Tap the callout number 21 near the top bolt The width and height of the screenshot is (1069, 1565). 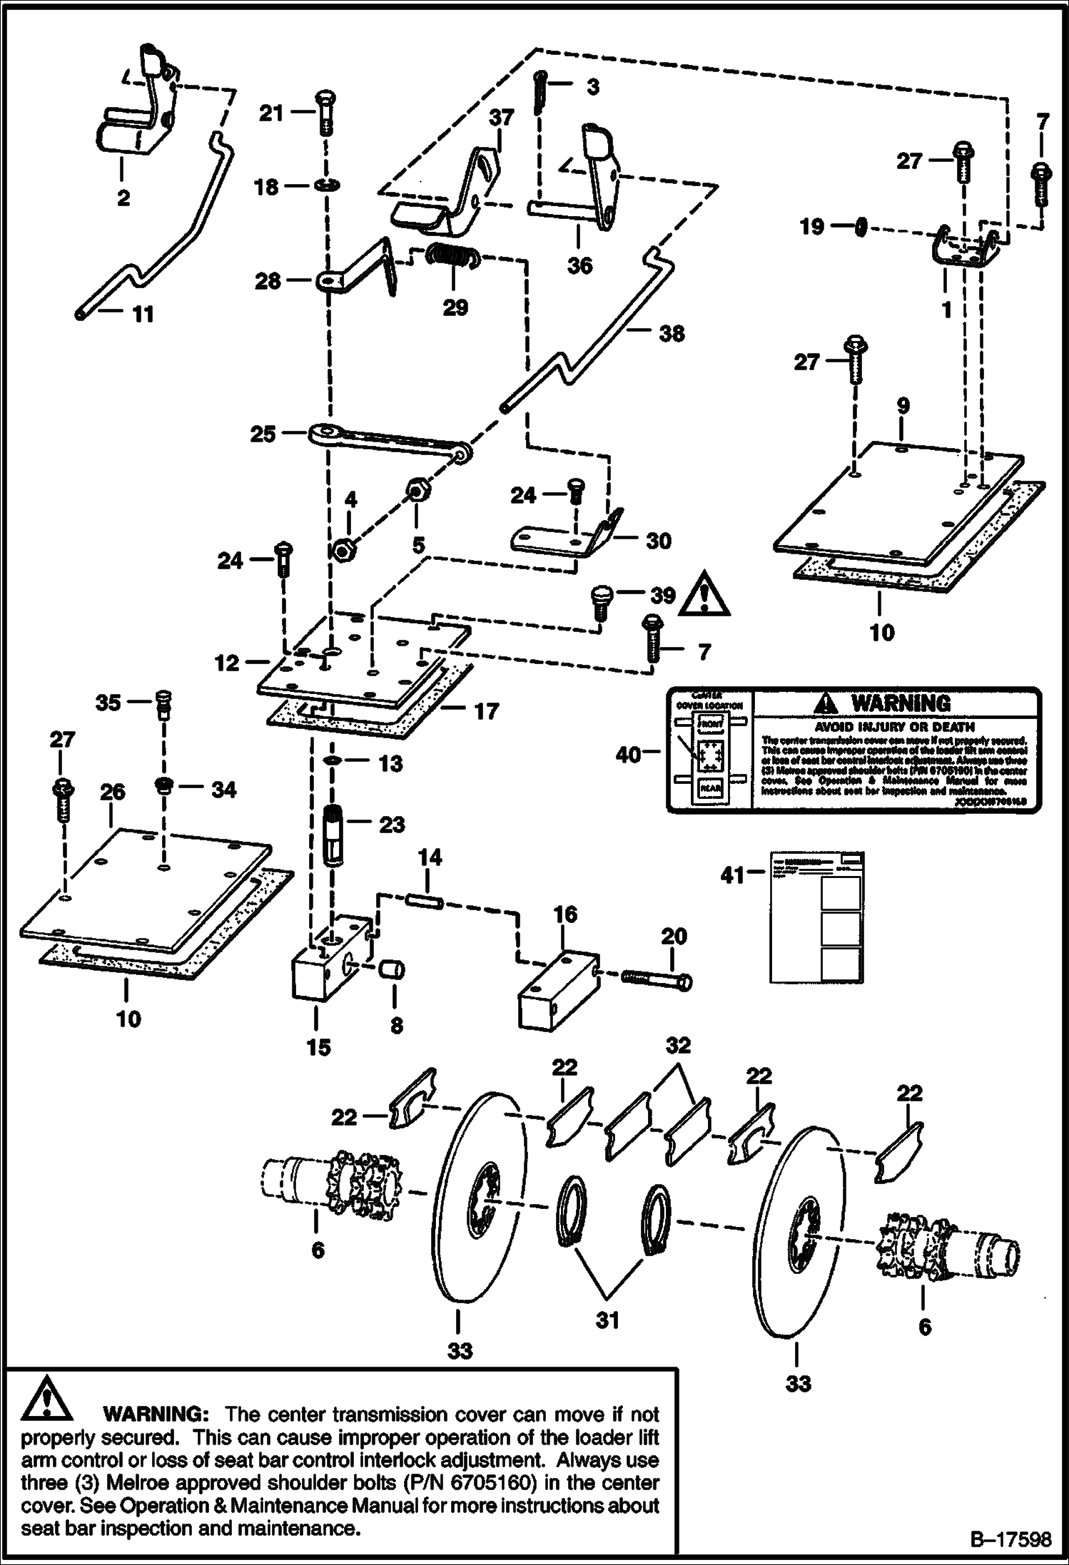tap(271, 113)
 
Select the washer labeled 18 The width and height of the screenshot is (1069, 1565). tap(325, 186)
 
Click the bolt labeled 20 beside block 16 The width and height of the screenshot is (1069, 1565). tap(656, 979)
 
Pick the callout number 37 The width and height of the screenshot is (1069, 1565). tap(501, 117)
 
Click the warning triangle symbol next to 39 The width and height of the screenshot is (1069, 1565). tap(704, 593)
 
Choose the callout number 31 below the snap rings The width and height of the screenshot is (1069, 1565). tap(607, 1320)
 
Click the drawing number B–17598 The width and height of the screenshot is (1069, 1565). tap(1010, 1539)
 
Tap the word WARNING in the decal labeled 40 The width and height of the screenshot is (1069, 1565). tap(901, 704)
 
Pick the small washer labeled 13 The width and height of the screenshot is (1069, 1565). tap(333, 762)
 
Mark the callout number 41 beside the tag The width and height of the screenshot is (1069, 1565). tap(733, 875)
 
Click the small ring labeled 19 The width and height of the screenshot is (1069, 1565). tap(860, 228)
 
